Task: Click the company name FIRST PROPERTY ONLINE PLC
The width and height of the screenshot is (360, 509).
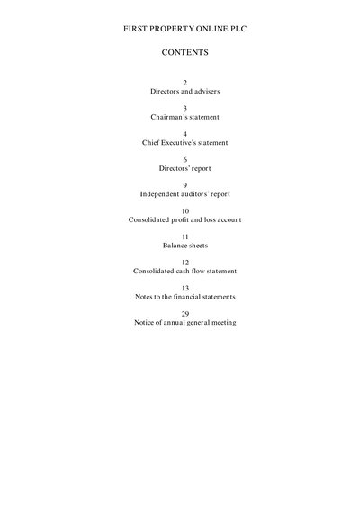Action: tap(184, 29)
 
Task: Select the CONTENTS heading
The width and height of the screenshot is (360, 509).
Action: tap(184, 52)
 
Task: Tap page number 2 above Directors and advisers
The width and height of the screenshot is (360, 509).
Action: tap(185, 83)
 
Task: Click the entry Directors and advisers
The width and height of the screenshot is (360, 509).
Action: tap(184, 91)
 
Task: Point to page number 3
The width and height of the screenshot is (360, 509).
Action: tap(185, 109)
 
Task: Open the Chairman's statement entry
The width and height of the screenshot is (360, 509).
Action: tap(184, 117)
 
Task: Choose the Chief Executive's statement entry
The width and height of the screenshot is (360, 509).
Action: tap(184, 142)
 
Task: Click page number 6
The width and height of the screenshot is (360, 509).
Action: tap(185, 160)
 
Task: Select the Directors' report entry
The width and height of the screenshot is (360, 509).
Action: tap(184, 168)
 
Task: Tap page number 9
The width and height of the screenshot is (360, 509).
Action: tap(185, 185)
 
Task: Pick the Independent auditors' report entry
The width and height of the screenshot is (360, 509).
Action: tap(185, 194)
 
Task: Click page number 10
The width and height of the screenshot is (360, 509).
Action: tap(185, 211)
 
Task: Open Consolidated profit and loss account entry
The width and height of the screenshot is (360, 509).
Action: tap(184, 219)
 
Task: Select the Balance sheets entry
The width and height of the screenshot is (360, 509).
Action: tap(185, 246)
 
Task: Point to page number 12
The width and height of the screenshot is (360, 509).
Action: tap(185, 263)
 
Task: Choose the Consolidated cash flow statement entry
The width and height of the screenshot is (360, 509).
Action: tap(184, 271)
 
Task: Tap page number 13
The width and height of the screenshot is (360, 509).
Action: tap(185, 288)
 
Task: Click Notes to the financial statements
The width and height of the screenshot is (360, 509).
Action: tap(185, 297)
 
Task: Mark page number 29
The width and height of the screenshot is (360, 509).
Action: tap(185, 314)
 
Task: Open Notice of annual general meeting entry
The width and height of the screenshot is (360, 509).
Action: tap(185, 322)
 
